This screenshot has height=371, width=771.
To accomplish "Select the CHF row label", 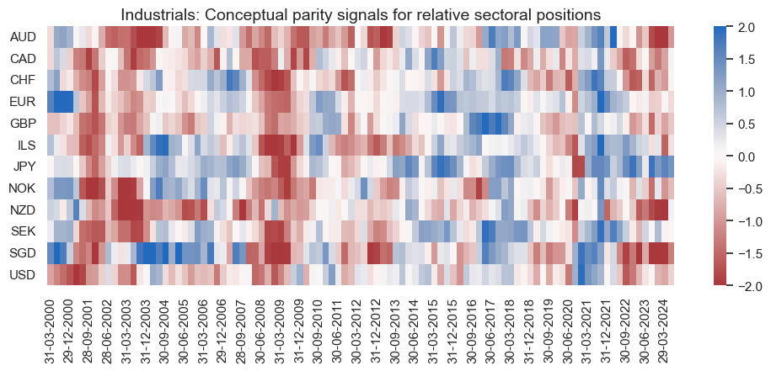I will point(22,80).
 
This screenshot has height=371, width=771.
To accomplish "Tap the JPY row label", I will point(23,167).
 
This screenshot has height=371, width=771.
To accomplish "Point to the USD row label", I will point(22,274).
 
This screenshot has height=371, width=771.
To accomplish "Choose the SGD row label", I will point(22,253).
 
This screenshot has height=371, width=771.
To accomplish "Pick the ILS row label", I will point(27,145).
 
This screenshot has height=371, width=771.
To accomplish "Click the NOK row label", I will point(22,188).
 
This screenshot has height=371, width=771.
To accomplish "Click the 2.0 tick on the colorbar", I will point(744,27).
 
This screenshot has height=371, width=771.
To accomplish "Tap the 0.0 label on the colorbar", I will point(744,156).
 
